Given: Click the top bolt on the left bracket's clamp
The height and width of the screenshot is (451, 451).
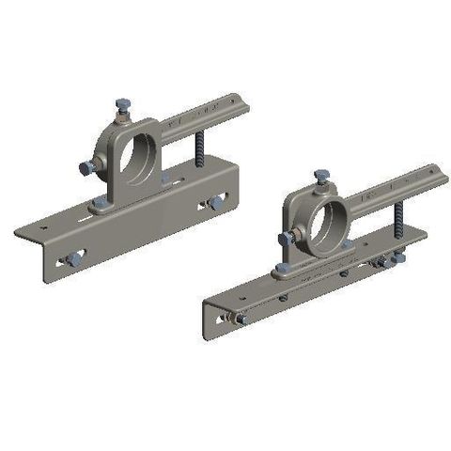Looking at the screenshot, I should [122, 106].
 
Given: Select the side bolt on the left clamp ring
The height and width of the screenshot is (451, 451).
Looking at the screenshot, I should [87, 167].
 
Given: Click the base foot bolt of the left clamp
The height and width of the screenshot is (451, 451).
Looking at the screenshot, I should [99, 204].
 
